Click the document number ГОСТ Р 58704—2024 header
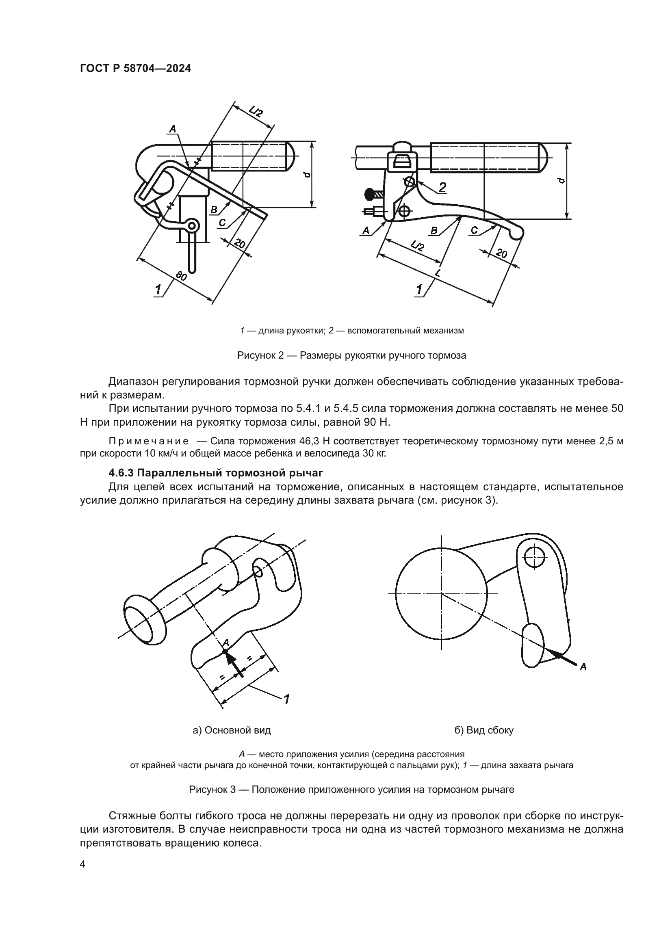(135, 69)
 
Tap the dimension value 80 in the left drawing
(181, 275)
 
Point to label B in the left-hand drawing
(214, 210)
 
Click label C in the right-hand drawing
(475, 230)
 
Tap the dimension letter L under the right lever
(438, 273)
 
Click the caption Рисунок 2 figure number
(260, 355)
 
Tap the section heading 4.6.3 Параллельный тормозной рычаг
(215, 472)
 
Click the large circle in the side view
(442, 594)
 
